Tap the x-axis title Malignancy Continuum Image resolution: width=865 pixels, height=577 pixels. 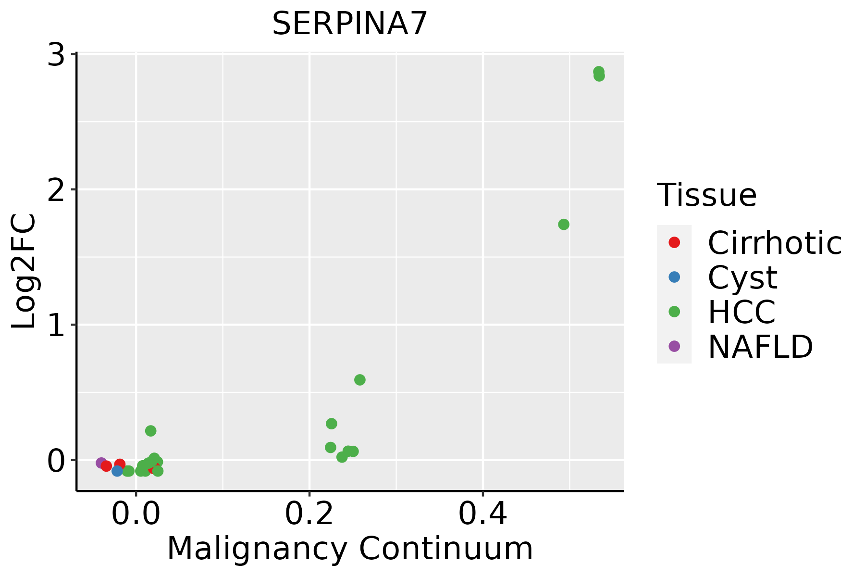coord(349,549)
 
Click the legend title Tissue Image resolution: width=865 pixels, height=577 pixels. coord(706,195)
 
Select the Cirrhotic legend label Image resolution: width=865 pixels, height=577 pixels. coord(774,243)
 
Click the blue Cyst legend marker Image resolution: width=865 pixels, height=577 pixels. coord(674,277)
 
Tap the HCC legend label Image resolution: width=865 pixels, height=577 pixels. coord(741,312)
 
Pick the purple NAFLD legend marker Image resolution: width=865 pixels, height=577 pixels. coord(674,346)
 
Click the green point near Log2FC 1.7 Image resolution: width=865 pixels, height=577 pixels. coord(564,225)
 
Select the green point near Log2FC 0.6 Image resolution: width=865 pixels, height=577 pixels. coord(359,380)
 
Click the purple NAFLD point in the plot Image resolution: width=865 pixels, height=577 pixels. coord(101,463)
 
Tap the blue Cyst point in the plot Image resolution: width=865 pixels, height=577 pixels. coord(117,471)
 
